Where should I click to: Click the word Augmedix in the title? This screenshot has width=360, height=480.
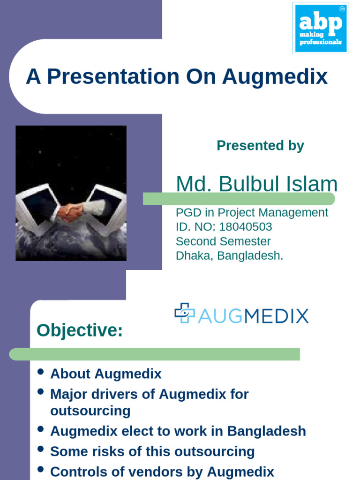pyautogui.click(x=275, y=77)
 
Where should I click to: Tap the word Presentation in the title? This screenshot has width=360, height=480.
pyautogui.click(x=113, y=77)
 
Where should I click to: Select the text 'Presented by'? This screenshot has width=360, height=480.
pyautogui.click(x=260, y=146)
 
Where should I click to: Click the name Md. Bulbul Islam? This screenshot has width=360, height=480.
pyautogui.click(x=256, y=184)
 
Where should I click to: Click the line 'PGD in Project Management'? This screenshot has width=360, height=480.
pyautogui.click(x=252, y=212)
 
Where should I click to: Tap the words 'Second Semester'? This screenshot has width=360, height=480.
pyautogui.click(x=223, y=241)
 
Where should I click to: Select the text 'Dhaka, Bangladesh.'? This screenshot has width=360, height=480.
pyautogui.click(x=229, y=256)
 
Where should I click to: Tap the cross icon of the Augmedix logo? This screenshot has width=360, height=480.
pyautogui.click(x=184, y=313)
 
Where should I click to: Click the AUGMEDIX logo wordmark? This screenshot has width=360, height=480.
pyautogui.click(x=253, y=315)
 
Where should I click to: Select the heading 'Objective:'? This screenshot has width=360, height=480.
pyautogui.click(x=80, y=330)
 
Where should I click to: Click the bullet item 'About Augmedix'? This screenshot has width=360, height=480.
pyautogui.click(x=105, y=374)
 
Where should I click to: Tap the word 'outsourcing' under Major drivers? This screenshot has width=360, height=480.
pyautogui.click(x=90, y=411)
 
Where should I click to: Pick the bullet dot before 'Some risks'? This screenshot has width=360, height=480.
pyautogui.click(x=40, y=449)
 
